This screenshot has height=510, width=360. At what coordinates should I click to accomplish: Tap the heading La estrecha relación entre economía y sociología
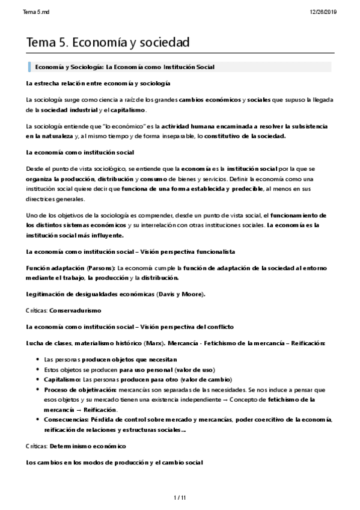click(99, 82)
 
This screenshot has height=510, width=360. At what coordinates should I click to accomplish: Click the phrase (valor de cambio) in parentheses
click(174, 379)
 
